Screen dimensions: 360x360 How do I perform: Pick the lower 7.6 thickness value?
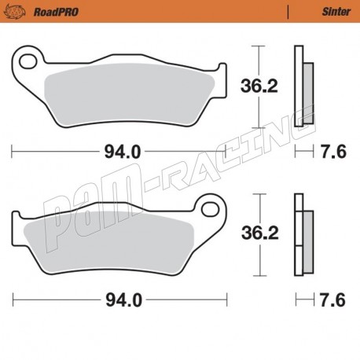[333, 299]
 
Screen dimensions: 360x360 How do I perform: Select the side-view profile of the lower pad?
[300, 233]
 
